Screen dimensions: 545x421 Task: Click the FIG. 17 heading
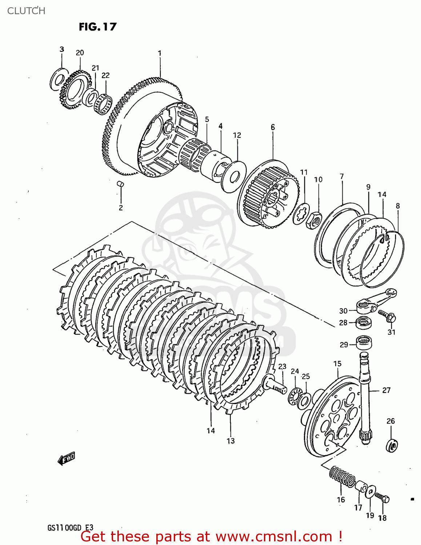pyautogui.click(x=98, y=27)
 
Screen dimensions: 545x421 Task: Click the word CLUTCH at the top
pyautogui.click(x=26, y=11)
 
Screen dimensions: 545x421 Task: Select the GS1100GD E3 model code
pyautogui.click(x=70, y=528)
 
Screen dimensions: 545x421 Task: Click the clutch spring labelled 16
pyautogui.click(x=342, y=476)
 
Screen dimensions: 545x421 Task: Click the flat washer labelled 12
pyautogui.click(x=233, y=176)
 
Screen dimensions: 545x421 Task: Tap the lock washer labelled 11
pyautogui.click(x=301, y=214)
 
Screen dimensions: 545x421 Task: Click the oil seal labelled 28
pyautogui.click(x=363, y=323)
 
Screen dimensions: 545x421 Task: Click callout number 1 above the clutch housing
pyautogui.click(x=159, y=53)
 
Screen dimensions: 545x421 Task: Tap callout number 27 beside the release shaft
pyautogui.click(x=386, y=390)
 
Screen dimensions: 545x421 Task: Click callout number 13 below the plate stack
pyautogui.click(x=230, y=441)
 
